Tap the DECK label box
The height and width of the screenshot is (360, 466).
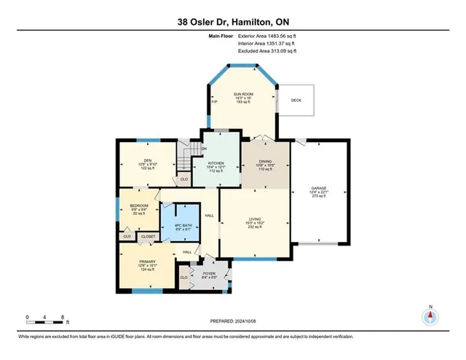(296, 100)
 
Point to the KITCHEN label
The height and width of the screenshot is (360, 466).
(218, 163)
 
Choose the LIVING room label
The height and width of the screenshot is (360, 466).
(255, 219)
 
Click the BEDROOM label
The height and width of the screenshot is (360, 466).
(139, 206)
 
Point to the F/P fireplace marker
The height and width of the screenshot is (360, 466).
(214, 101)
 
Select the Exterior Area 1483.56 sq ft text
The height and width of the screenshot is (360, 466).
(267, 36)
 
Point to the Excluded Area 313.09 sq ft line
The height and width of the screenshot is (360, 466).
(267, 51)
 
